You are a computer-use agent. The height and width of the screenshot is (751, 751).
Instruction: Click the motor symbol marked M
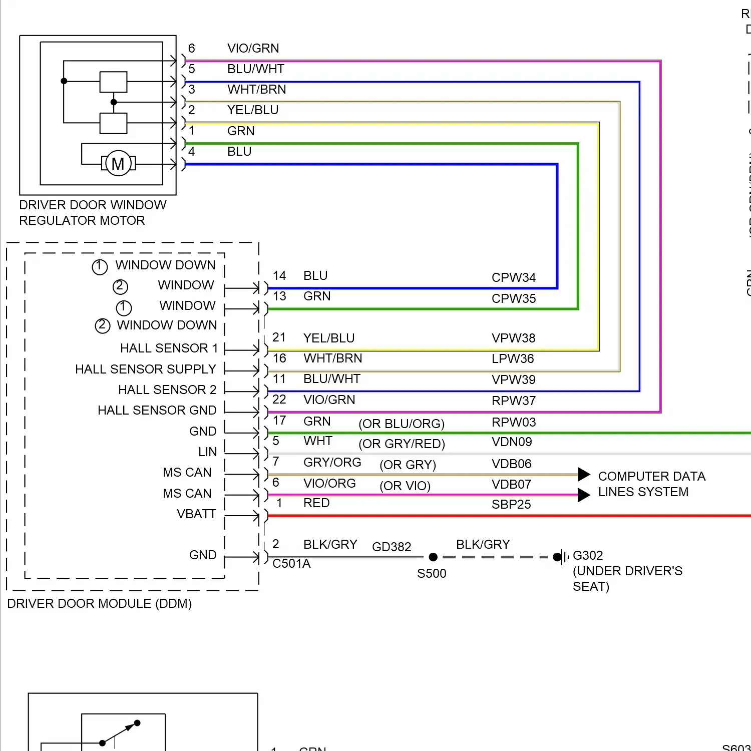tap(118, 164)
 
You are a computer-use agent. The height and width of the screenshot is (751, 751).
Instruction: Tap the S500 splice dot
tap(434, 557)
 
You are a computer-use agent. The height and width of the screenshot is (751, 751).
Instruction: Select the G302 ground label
tap(588, 555)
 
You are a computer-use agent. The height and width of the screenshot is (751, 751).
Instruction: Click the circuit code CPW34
tap(513, 277)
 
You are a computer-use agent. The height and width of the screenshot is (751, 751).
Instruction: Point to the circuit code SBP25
tap(511, 504)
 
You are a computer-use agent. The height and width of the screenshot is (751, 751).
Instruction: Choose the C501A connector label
tap(291, 564)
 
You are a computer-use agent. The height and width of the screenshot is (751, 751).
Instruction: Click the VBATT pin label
tap(196, 514)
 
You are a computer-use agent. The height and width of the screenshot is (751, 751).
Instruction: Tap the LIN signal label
tap(207, 452)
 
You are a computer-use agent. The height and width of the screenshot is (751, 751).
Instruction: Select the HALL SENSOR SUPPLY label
tap(145, 369)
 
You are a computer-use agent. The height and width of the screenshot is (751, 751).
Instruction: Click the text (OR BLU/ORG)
tap(402, 424)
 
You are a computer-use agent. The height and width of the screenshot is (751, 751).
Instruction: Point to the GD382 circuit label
tap(392, 547)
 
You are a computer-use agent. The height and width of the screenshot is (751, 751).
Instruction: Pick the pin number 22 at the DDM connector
tap(279, 400)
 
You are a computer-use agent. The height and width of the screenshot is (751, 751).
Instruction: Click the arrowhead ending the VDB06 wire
tap(584, 474)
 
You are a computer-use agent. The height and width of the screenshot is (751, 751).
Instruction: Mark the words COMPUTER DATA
tap(651, 476)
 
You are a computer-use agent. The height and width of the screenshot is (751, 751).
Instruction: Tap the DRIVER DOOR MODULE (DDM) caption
tap(99, 603)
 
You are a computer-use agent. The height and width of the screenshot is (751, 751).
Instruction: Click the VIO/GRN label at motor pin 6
tap(253, 48)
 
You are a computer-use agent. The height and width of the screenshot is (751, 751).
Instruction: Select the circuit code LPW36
tap(513, 358)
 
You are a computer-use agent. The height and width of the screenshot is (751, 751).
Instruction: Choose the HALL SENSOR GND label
tap(157, 411)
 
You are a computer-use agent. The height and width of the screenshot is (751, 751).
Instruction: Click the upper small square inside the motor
tap(113, 82)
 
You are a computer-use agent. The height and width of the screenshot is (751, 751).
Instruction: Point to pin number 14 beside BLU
tap(279, 276)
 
